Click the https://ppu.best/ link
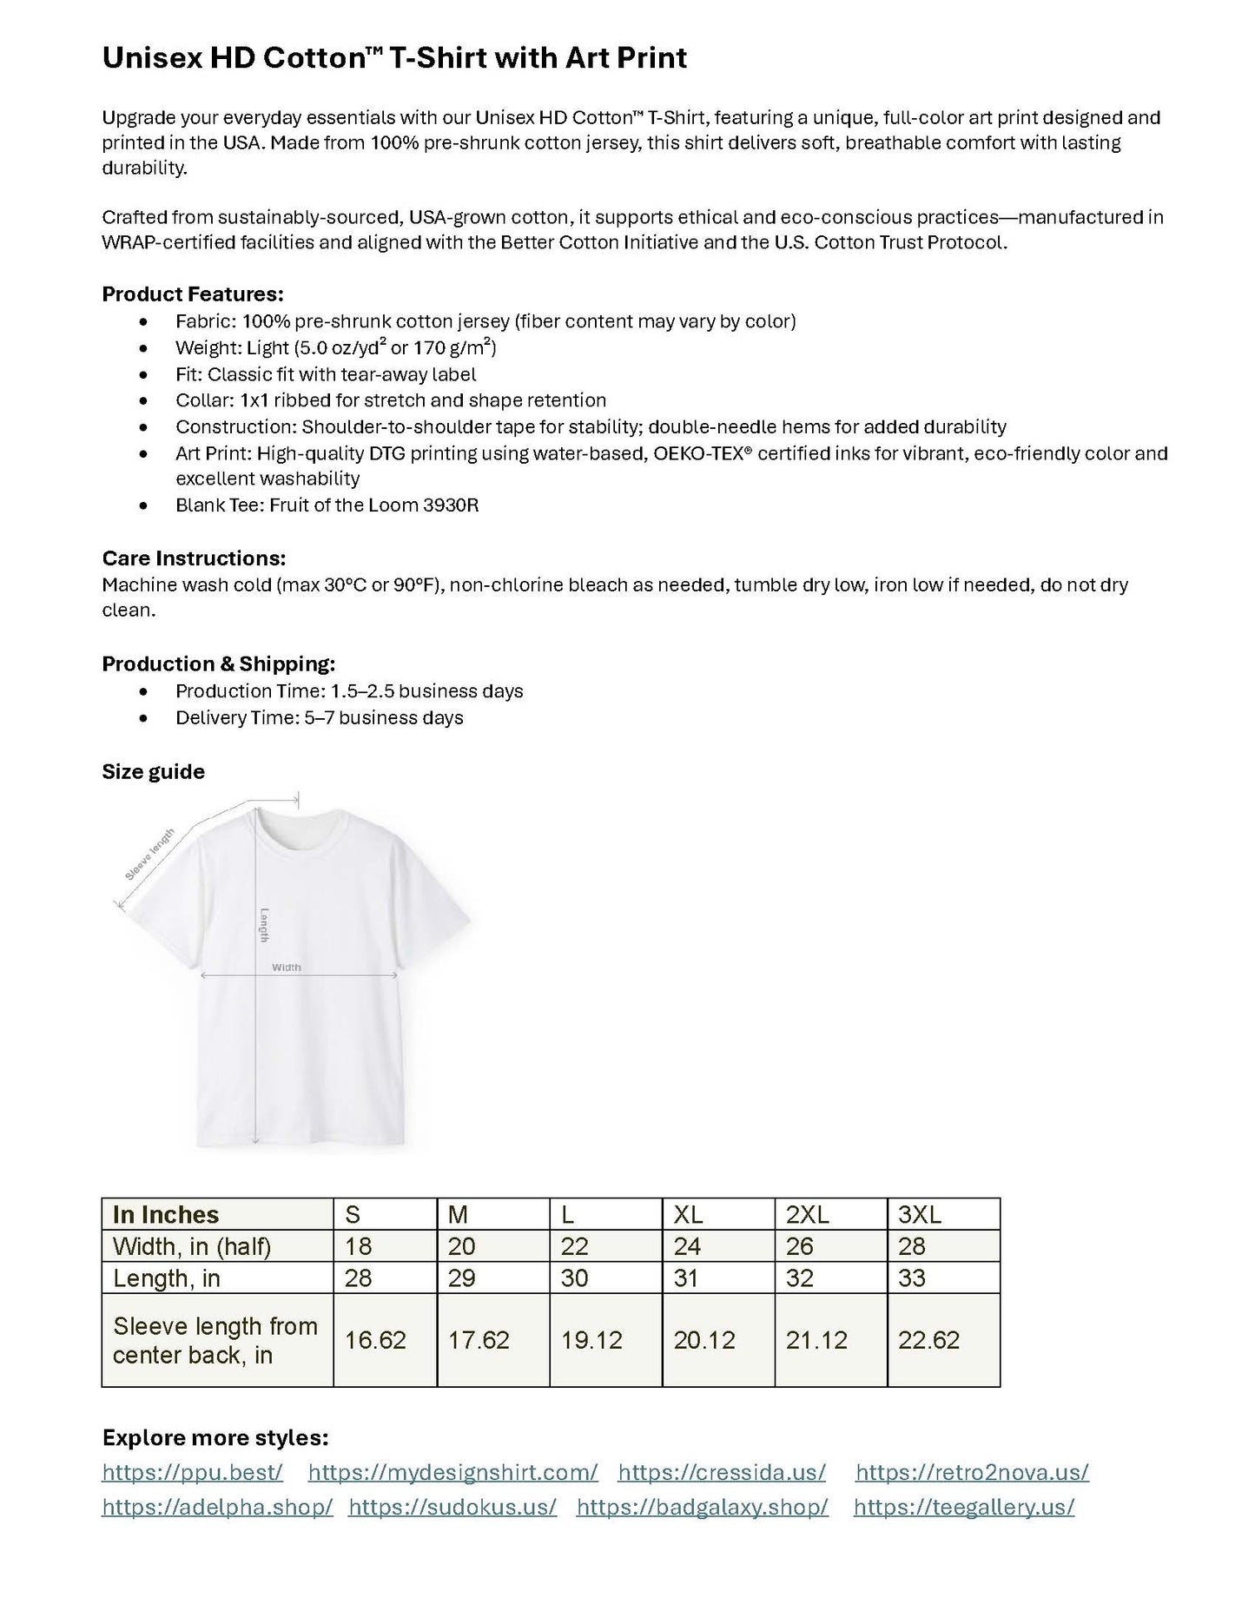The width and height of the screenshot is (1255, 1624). (192, 1472)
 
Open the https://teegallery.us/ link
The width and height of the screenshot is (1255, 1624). (964, 1507)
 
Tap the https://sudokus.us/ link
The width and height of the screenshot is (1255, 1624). (452, 1507)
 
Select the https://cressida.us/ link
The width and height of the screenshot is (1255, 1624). (722, 1472)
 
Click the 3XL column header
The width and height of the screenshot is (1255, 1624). (919, 1214)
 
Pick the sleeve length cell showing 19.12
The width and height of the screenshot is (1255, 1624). (591, 1340)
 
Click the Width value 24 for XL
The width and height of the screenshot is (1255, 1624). (687, 1246)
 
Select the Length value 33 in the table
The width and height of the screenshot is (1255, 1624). (912, 1278)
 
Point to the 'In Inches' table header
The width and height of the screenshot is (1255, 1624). (166, 1214)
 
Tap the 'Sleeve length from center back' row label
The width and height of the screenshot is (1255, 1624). (215, 1340)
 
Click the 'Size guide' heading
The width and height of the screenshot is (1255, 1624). (154, 772)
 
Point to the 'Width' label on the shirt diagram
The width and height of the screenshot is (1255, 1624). (287, 967)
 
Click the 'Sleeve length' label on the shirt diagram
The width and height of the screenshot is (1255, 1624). (150, 855)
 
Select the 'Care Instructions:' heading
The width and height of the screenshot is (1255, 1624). (194, 558)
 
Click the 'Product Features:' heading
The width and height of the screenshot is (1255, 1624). (193, 294)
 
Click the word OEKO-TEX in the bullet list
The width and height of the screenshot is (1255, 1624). (699, 453)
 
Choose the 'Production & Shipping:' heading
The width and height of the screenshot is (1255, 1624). (219, 664)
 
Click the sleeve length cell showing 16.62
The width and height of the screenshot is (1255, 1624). (375, 1340)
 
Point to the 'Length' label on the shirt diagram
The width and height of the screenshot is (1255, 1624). (264, 925)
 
